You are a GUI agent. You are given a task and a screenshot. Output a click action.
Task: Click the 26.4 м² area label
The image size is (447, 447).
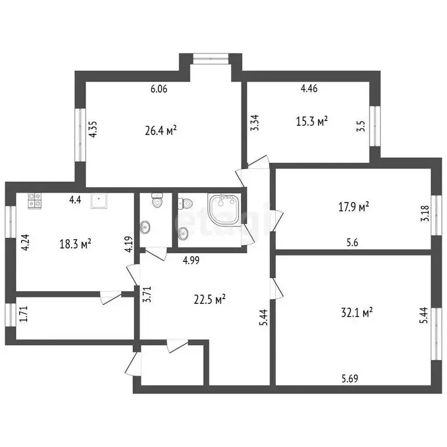[x=160, y=130]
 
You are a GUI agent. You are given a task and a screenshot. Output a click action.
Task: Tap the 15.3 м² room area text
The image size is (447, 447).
[x=312, y=121]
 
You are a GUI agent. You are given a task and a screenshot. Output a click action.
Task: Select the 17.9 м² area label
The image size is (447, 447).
[x=354, y=207]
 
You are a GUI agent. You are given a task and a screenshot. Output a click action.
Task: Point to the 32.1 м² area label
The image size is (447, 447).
[x=357, y=313]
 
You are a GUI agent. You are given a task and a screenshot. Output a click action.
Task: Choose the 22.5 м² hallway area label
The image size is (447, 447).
[x=210, y=300]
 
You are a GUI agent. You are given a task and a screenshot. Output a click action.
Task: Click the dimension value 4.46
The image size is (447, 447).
[x=309, y=90]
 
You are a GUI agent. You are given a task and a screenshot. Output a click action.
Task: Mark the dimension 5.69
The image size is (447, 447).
[x=350, y=378]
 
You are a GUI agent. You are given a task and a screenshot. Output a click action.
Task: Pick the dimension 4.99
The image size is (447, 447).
[x=191, y=260]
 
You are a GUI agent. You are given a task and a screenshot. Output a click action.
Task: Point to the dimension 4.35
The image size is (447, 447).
[x=93, y=128]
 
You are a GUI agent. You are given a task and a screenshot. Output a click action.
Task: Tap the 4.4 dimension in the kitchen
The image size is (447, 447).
[x=74, y=200]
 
